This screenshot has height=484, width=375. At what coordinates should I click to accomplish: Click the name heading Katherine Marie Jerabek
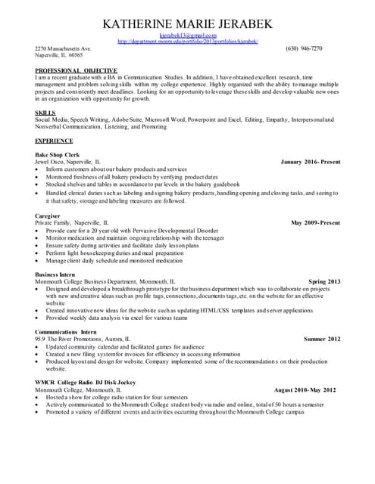(x=187, y=24)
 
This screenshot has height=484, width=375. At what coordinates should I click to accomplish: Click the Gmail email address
(x=188, y=36)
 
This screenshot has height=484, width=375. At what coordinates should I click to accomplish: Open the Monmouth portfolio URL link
(x=188, y=42)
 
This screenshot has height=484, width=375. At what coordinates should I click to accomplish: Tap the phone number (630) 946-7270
(x=304, y=48)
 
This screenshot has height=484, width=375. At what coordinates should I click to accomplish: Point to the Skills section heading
(x=45, y=113)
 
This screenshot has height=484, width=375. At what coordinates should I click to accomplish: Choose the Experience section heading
(x=53, y=141)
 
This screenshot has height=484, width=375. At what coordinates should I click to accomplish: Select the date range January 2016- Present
(x=310, y=162)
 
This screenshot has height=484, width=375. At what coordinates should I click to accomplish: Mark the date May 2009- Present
(x=315, y=223)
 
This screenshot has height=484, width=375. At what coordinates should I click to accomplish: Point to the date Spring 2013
(x=324, y=281)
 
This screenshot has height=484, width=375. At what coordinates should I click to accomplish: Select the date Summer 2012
(x=322, y=340)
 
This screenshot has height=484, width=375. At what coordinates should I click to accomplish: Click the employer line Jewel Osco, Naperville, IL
(x=67, y=162)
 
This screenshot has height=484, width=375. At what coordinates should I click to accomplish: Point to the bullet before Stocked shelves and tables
(x=38, y=184)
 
